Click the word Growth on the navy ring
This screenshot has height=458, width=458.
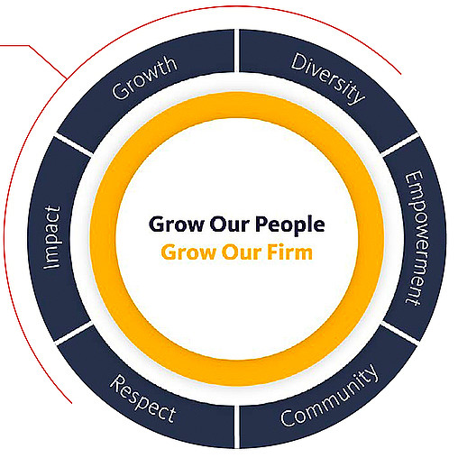(x=144, y=78)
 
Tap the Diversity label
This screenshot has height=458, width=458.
(x=328, y=78)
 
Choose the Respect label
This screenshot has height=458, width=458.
(x=143, y=398)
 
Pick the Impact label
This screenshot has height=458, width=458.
(x=52, y=237)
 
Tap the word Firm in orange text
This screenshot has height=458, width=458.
(x=290, y=252)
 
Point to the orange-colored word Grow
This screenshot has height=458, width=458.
(x=188, y=252)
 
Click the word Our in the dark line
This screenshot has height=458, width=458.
(x=230, y=224)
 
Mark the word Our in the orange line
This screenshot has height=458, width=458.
(x=242, y=252)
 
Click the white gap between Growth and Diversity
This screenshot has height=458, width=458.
(x=237, y=50)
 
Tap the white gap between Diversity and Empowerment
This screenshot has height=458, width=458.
(x=399, y=145)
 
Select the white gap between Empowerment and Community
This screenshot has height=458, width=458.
(x=399, y=333)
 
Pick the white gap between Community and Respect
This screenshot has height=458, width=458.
(x=237, y=426)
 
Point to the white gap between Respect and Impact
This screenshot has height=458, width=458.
(x=74, y=333)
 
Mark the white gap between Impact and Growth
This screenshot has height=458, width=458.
(x=74, y=145)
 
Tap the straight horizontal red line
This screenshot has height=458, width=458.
(x=14, y=46)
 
